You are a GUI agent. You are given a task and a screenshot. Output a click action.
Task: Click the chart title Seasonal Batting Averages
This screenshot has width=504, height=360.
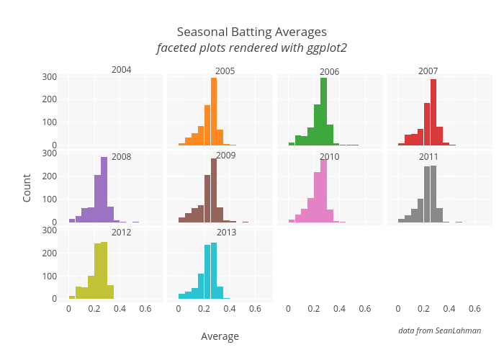pos(252,32)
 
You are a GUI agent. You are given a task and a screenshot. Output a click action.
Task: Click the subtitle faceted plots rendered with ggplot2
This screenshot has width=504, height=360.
pos(252,48)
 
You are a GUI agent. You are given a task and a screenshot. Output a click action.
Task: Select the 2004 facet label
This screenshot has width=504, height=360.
pos(121,70)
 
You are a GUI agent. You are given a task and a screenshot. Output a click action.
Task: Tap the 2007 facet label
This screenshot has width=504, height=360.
pos(428,71)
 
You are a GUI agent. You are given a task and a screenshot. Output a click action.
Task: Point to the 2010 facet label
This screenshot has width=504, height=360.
pos(329,156)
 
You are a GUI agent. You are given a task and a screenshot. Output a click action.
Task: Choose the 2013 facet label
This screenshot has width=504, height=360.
pos(225,233)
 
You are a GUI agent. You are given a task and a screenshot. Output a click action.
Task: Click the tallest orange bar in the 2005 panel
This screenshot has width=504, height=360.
pos(214,112)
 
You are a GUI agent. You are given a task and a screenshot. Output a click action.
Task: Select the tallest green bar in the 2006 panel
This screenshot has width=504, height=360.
pos(323,112)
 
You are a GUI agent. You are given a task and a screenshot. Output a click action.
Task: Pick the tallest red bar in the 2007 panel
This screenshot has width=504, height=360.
pos(433,112)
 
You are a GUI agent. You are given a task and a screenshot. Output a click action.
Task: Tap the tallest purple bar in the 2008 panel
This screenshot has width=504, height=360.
pos(104,189)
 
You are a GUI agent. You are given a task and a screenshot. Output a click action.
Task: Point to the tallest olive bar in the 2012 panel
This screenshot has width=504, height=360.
pos(104,270)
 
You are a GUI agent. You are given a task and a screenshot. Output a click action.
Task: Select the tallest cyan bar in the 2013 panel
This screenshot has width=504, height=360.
pos(214,271)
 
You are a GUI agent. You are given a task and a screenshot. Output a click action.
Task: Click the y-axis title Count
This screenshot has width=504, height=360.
pos(27,187)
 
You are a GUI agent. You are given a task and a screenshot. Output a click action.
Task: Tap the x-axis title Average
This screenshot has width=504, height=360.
pos(220,336)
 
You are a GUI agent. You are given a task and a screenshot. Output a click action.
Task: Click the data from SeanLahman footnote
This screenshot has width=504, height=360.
pos(439,330)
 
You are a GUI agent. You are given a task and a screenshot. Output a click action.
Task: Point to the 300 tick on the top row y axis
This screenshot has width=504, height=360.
pos(49,77)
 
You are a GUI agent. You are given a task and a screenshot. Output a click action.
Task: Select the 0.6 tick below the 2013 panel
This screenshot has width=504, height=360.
pos(255,309)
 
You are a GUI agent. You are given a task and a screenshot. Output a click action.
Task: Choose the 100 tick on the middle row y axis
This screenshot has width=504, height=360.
pos(49,199)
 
